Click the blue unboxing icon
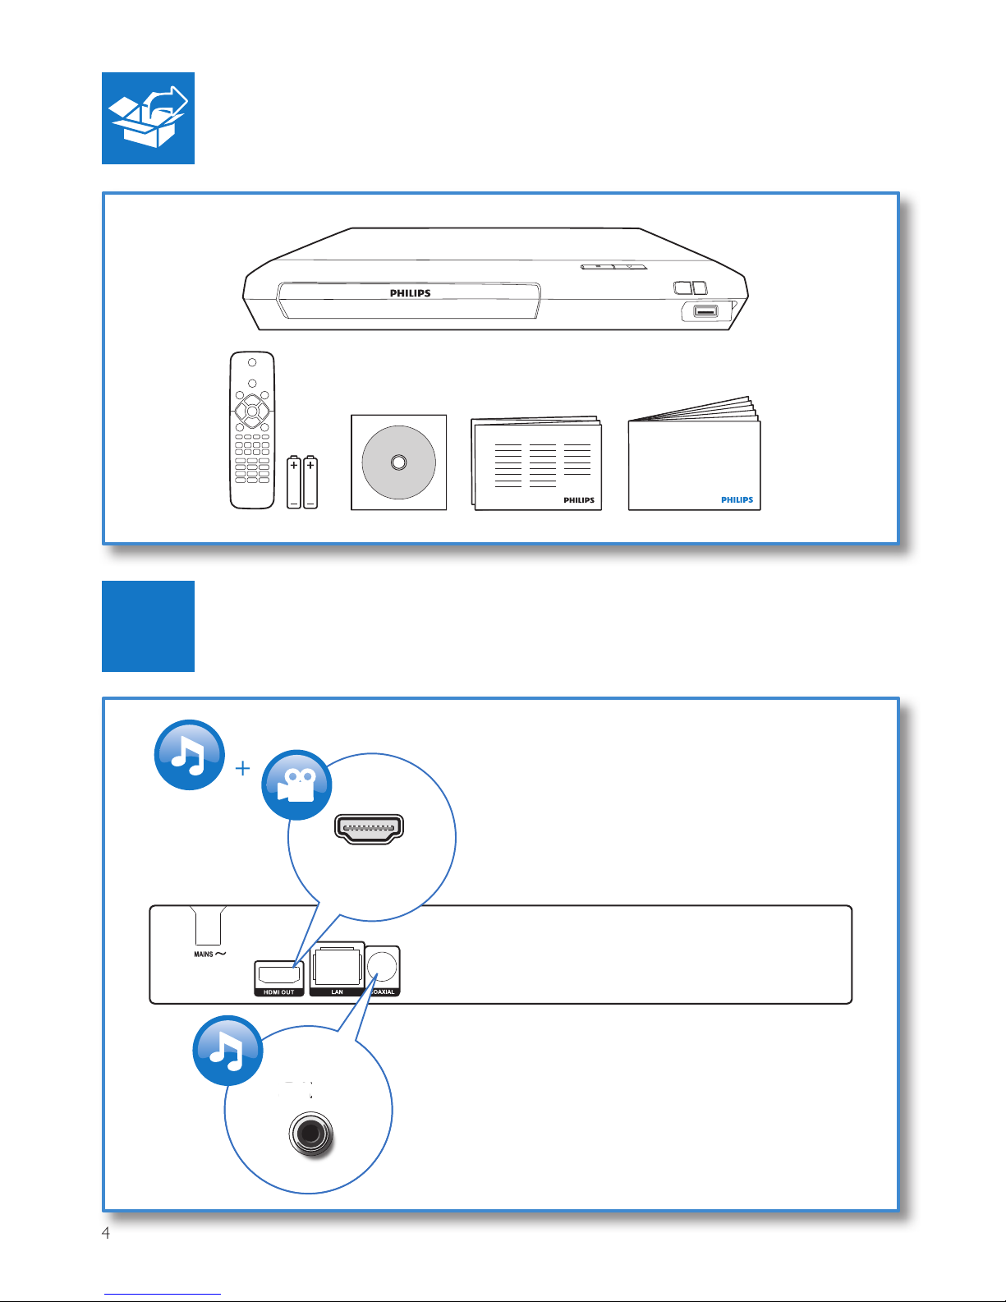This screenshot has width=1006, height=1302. click(x=148, y=118)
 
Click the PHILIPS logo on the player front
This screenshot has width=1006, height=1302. click(x=410, y=293)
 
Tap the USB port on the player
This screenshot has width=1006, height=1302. click(x=705, y=311)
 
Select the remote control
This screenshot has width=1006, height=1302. click(x=252, y=430)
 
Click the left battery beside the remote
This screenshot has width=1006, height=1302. click(x=294, y=482)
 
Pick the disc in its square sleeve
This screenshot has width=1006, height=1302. click(x=398, y=462)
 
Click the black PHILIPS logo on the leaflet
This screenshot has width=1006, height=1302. click(x=578, y=500)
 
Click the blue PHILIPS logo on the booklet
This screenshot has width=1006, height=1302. click(x=737, y=499)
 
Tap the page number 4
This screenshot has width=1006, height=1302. click(x=106, y=1233)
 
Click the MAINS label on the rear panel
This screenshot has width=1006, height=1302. click(x=204, y=955)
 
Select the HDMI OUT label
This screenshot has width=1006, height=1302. click(x=279, y=992)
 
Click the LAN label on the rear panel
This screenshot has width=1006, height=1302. click(x=337, y=992)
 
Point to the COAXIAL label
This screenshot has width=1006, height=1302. click(x=384, y=992)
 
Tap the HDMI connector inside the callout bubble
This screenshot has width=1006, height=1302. click(x=369, y=829)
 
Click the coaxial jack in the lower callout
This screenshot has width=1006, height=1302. click(x=311, y=1135)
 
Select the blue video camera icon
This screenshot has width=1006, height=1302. click(x=296, y=784)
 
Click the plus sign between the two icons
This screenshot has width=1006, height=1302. click(x=242, y=768)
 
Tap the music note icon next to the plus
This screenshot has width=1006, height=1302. click(x=190, y=755)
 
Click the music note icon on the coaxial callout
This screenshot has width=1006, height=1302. click(x=227, y=1051)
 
